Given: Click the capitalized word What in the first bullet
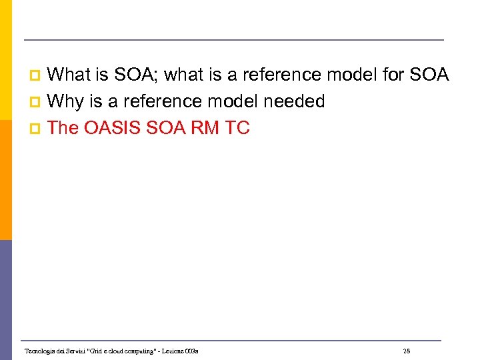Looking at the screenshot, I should [x=73, y=75].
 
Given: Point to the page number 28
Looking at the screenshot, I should [x=407, y=351].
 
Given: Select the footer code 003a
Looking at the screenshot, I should [x=192, y=351].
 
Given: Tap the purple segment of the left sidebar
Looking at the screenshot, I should [x=5, y=299].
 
